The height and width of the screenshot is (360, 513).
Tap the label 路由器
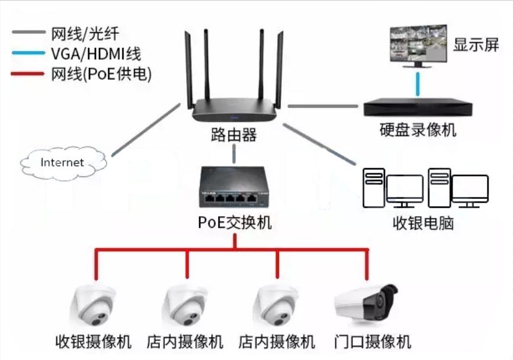(233, 135)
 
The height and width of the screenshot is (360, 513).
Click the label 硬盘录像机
(418, 130)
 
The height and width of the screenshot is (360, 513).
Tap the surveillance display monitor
(418, 45)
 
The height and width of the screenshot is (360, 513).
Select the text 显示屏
(476, 45)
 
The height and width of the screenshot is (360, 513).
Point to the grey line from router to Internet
(145, 130)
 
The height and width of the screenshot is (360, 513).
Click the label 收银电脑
(425, 224)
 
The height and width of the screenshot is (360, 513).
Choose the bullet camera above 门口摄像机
(365, 302)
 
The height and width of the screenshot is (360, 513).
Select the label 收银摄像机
(94, 342)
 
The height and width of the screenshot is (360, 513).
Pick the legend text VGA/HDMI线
(95, 54)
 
